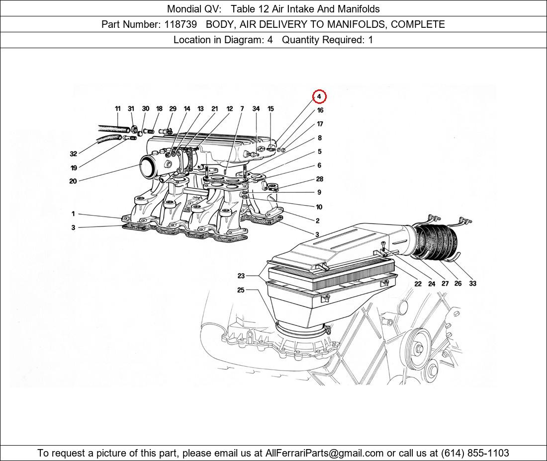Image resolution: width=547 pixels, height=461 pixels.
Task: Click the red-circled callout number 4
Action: click(319, 96)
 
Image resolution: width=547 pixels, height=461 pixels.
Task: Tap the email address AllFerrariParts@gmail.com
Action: click(325, 453)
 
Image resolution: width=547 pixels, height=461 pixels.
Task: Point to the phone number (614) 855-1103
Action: click(475, 453)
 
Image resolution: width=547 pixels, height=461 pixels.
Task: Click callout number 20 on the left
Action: click(73, 181)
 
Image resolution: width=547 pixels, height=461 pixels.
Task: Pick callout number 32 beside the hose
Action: click(73, 154)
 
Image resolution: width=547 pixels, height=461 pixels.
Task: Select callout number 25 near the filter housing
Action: click(241, 290)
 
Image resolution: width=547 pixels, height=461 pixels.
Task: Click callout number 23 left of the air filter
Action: click(241, 276)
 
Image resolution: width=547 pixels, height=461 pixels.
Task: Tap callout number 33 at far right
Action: click(472, 284)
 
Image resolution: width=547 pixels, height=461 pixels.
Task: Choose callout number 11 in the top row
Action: click(118, 109)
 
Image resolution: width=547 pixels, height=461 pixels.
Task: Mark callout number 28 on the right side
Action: click(319, 179)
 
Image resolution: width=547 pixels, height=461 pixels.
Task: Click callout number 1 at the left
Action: click(73, 214)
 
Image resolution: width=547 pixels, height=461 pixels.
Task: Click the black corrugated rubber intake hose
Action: click(435, 243)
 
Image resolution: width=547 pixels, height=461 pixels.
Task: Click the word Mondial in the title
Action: click(183, 9)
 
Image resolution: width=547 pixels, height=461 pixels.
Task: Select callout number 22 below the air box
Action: click(418, 284)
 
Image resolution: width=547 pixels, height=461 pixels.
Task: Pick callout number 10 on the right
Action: click(319, 207)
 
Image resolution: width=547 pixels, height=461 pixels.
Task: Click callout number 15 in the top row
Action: click(271, 109)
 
